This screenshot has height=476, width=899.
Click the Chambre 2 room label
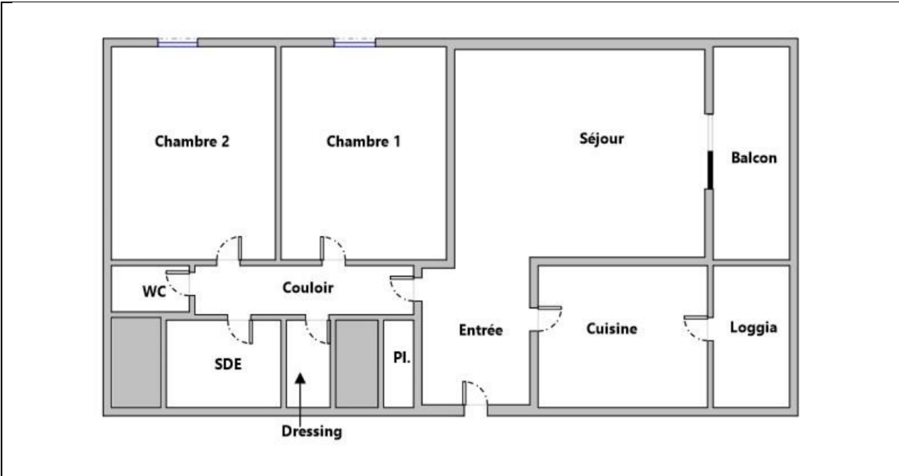coord(192,141)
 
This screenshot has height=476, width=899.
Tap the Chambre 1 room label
coord(364,141)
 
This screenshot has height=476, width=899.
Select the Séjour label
coord(602,139)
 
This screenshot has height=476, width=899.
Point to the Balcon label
coord(754,158)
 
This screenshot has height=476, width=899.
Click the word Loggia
coord(753,328)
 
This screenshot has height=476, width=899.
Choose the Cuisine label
coord(612,328)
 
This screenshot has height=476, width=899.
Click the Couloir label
coord(308,287)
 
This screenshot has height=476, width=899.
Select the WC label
coord(154,291)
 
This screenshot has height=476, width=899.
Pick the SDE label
coord(228,364)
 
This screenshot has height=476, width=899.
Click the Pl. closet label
coord(402,358)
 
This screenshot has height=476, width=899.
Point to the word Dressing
coord(312,432)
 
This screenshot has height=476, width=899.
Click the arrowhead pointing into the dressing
coord(300,378)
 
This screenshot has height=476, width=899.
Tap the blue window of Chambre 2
coord(178,43)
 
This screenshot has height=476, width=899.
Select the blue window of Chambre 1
coord(355,43)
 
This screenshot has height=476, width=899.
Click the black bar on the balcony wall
coord(710,170)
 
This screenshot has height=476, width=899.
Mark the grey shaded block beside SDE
coord(136,363)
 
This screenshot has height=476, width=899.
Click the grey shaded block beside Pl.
coord(357,363)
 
